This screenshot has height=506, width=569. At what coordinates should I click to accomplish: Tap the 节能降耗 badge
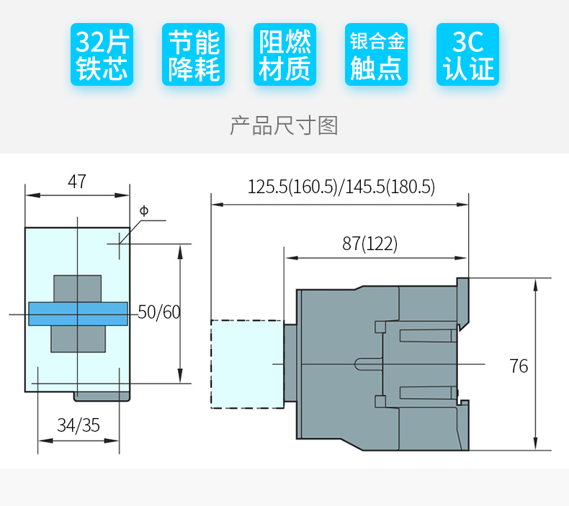coord(193,55)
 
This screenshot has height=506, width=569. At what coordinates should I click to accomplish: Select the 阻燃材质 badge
coord(284,55)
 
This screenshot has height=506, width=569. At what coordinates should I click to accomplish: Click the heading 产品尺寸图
coord(284,125)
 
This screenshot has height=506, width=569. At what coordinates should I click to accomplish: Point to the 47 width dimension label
coord(76,182)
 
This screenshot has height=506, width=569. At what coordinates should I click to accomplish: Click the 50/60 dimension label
coord(159,312)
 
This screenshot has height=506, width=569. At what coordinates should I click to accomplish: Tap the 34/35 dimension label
coord(79,425)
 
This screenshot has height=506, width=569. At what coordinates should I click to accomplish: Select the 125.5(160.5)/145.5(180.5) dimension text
coord(341,187)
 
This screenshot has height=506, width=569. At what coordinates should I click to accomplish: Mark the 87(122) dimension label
coord(369,244)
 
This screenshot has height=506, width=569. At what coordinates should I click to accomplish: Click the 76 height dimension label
coord(519,366)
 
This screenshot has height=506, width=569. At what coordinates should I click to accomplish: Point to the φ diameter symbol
coord(143,210)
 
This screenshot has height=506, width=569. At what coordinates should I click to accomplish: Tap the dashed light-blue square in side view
coord(246,364)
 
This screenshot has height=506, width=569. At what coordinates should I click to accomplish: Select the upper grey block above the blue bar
coord(76,288)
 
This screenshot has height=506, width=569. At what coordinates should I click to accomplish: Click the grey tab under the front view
coord(102,396)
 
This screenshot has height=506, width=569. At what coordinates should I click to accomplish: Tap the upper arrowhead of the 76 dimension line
coord(535,283)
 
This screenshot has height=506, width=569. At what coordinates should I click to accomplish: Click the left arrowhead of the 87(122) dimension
coord(289,257)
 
